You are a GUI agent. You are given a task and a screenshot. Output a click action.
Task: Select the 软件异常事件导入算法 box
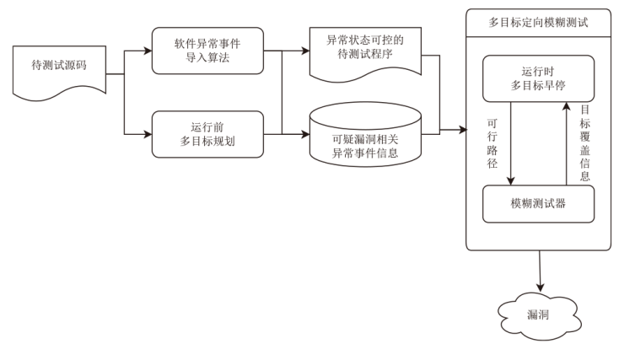coord(207,51)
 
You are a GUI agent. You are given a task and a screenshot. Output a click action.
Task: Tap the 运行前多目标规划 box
coord(207,133)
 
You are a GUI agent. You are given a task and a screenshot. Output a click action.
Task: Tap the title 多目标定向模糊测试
coord(539,21)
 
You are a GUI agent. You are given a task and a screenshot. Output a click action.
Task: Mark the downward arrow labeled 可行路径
coord(512,143)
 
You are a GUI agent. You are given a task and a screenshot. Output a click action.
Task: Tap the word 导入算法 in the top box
coord(207,58)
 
